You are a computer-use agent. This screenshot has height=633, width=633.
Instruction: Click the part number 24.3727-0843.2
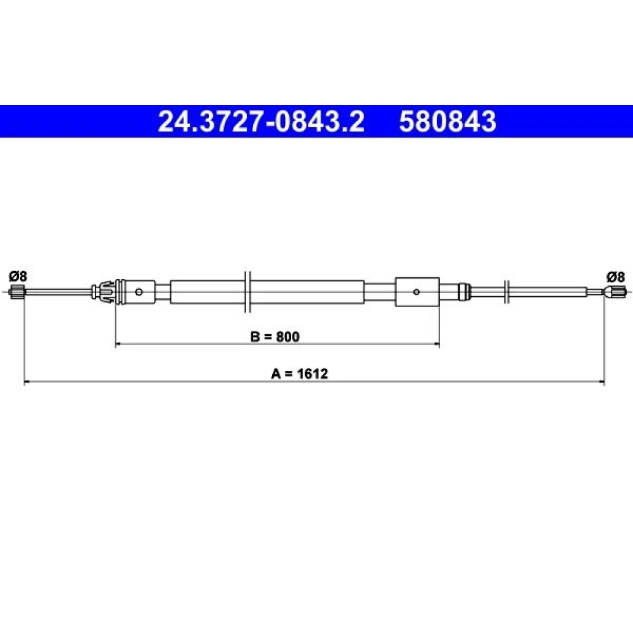261,122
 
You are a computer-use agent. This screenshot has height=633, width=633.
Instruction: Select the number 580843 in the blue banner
448,122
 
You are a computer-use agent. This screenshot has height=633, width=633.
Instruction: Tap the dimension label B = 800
275,336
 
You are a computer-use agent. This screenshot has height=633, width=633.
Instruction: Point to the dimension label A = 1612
299,373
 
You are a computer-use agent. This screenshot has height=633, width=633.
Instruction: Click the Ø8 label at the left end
18,277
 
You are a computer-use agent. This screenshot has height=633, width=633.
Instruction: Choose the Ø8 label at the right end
615,277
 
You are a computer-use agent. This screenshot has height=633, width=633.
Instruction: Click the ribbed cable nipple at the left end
18,291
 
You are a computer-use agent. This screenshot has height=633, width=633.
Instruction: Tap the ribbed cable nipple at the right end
616,291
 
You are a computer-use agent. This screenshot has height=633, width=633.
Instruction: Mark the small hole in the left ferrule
139,291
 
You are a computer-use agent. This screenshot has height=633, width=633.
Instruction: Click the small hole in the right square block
417,292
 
